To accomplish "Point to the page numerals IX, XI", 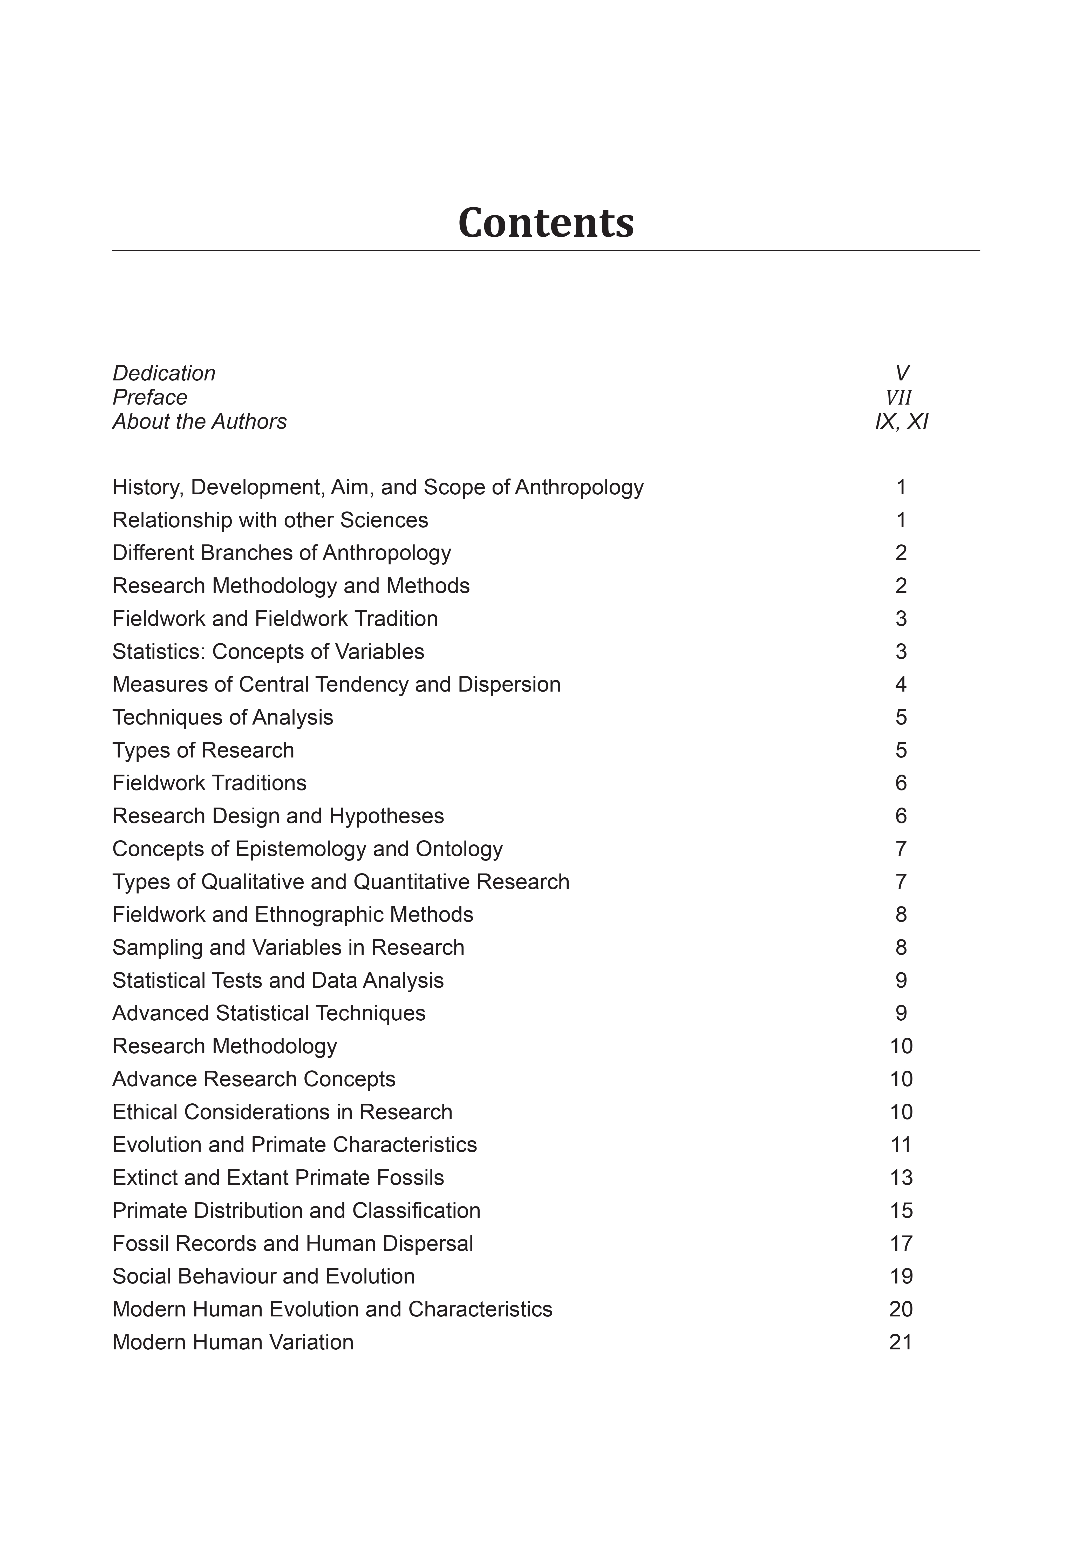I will pos(901,422).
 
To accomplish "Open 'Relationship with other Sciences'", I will pos(270,520).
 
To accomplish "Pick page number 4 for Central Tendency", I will pos(900,684).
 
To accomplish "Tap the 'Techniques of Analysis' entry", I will pos(222,718).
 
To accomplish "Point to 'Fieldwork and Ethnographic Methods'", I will pos(292,915).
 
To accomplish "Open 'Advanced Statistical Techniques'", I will pos(269,1013).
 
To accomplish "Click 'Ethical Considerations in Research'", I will pos(282,1112).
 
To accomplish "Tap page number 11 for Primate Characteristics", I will pos(900,1145).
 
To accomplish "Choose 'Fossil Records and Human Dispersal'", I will pos(292,1244).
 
